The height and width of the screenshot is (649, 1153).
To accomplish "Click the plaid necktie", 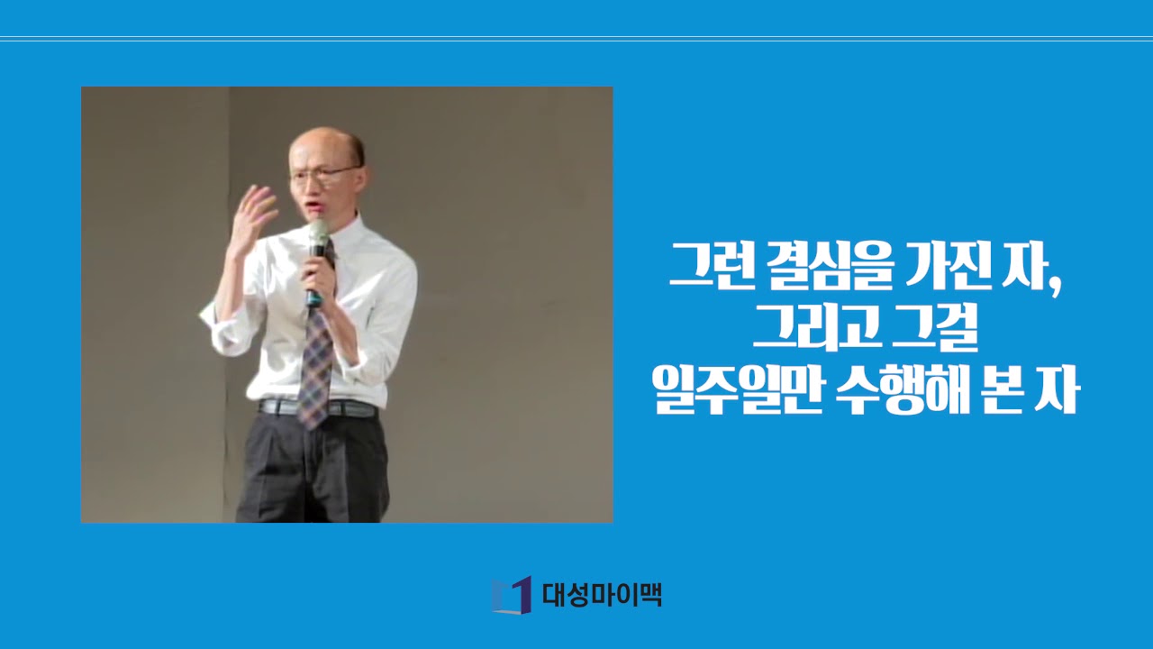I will pos(316,361).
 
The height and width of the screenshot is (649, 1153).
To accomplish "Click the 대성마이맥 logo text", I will pos(602,595).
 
